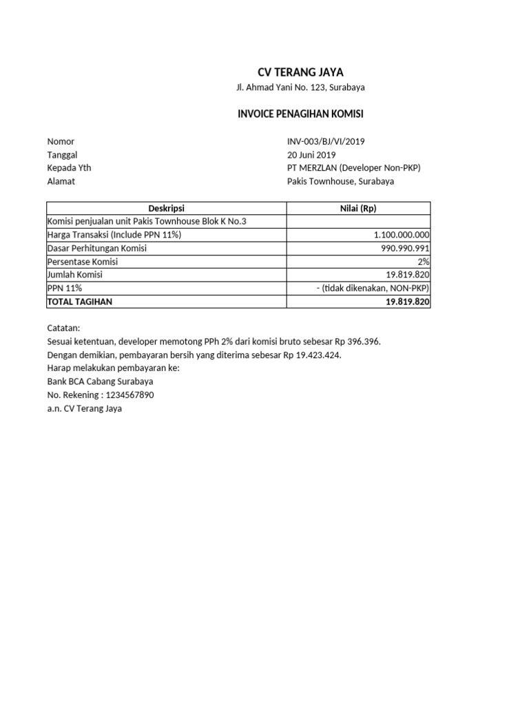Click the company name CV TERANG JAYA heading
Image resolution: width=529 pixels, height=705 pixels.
pos(300,72)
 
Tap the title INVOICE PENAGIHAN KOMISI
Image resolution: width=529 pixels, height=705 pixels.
pos(300,114)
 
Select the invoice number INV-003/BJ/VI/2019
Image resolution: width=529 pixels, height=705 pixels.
pos(326,142)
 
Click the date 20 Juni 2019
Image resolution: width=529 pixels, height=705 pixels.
pos(311,155)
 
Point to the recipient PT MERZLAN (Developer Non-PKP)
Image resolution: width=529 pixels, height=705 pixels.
pos(353,168)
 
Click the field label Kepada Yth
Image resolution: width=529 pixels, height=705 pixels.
pos(69,168)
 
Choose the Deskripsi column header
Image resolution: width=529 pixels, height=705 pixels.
pos(166,208)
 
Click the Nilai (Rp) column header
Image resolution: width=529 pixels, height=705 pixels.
pos(358,208)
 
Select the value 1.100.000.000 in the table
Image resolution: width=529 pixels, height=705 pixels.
pos(402,235)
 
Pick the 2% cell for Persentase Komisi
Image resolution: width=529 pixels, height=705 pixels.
pos(423,262)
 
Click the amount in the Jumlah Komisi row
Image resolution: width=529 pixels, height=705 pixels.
pos(408,275)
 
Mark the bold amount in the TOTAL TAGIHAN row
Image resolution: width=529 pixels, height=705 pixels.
pos(408,302)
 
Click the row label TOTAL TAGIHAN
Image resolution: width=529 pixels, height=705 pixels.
pos(79,302)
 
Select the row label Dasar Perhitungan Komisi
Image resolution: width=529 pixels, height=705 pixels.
pos(96,249)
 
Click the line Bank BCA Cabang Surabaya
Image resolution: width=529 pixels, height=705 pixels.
pos(100,381)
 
